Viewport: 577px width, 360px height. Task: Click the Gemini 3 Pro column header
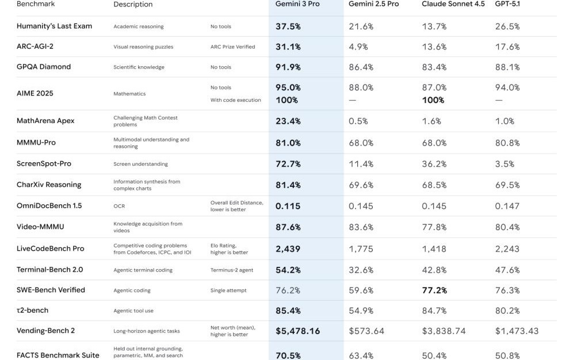(297, 4)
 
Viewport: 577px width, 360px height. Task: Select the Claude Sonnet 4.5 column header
(453, 4)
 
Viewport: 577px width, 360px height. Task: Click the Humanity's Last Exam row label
(54, 26)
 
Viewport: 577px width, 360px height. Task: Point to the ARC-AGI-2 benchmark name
(35, 47)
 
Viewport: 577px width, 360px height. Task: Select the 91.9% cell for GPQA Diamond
(288, 67)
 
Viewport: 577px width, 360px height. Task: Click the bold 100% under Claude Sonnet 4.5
(433, 100)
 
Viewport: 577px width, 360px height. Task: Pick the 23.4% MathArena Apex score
(288, 121)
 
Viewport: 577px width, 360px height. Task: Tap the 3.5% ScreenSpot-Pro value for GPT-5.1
(505, 164)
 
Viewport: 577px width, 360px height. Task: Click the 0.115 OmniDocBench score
(287, 206)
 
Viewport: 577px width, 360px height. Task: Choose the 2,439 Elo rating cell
(287, 248)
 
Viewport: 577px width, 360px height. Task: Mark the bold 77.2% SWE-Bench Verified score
(434, 290)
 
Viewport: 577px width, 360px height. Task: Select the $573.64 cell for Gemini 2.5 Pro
(366, 331)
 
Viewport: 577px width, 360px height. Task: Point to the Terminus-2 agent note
(231, 270)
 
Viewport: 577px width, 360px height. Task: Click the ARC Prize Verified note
(232, 47)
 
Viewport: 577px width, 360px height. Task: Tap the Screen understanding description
(140, 164)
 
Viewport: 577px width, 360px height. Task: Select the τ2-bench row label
(32, 311)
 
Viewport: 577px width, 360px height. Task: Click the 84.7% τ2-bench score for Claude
(434, 311)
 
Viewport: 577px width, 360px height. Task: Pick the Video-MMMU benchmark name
(40, 227)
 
